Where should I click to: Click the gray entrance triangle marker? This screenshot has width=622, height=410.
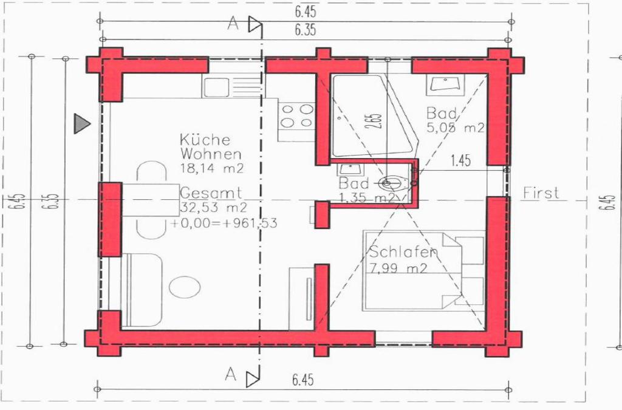click(82, 123)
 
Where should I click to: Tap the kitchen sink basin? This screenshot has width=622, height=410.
click(216, 87)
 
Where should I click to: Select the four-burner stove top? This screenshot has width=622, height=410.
click(296, 115)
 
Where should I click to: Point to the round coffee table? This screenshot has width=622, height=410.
click(185, 287)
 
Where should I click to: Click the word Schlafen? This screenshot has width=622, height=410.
click(403, 252)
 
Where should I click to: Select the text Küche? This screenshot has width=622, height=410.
click(205, 139)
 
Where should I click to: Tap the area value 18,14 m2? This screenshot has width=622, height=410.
click(212, 168)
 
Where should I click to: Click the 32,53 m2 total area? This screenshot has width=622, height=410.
click(213, 207)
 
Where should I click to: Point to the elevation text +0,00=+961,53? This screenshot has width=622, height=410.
click(224, 223)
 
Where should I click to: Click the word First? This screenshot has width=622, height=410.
click(541, 193)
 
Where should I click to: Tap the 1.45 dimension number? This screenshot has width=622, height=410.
click(461, 160)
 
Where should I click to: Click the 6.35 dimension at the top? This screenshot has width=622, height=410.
click(306, 30)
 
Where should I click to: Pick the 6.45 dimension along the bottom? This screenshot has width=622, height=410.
click(303, 380)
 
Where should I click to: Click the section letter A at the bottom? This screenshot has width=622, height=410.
click(230, 374)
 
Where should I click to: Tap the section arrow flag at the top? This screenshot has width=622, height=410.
click(255, 24)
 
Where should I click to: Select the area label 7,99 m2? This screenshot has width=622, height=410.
click(398, 268)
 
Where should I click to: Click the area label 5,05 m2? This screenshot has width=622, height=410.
click(456, 128)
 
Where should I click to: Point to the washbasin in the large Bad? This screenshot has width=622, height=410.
click(445, 84)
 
